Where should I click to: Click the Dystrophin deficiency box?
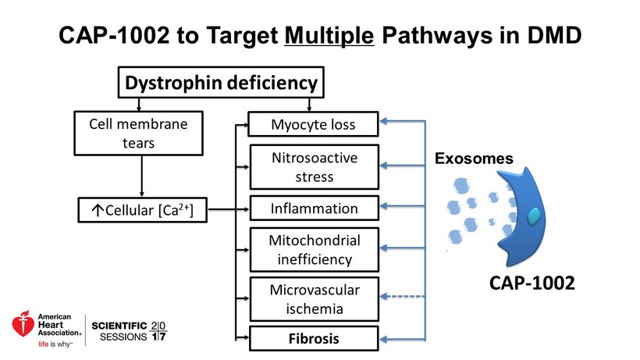(x=220, y=83)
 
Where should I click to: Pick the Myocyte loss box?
(x=314, y=125)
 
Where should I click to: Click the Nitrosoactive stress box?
(x=314, y=166)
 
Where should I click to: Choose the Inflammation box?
(x=314, y=209)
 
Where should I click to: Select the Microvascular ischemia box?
(x=314, y=299)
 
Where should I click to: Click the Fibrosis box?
(x=314, y=339)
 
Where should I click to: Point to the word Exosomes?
(x=474, y=159)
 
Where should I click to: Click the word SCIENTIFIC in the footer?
(x=118, y=324)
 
